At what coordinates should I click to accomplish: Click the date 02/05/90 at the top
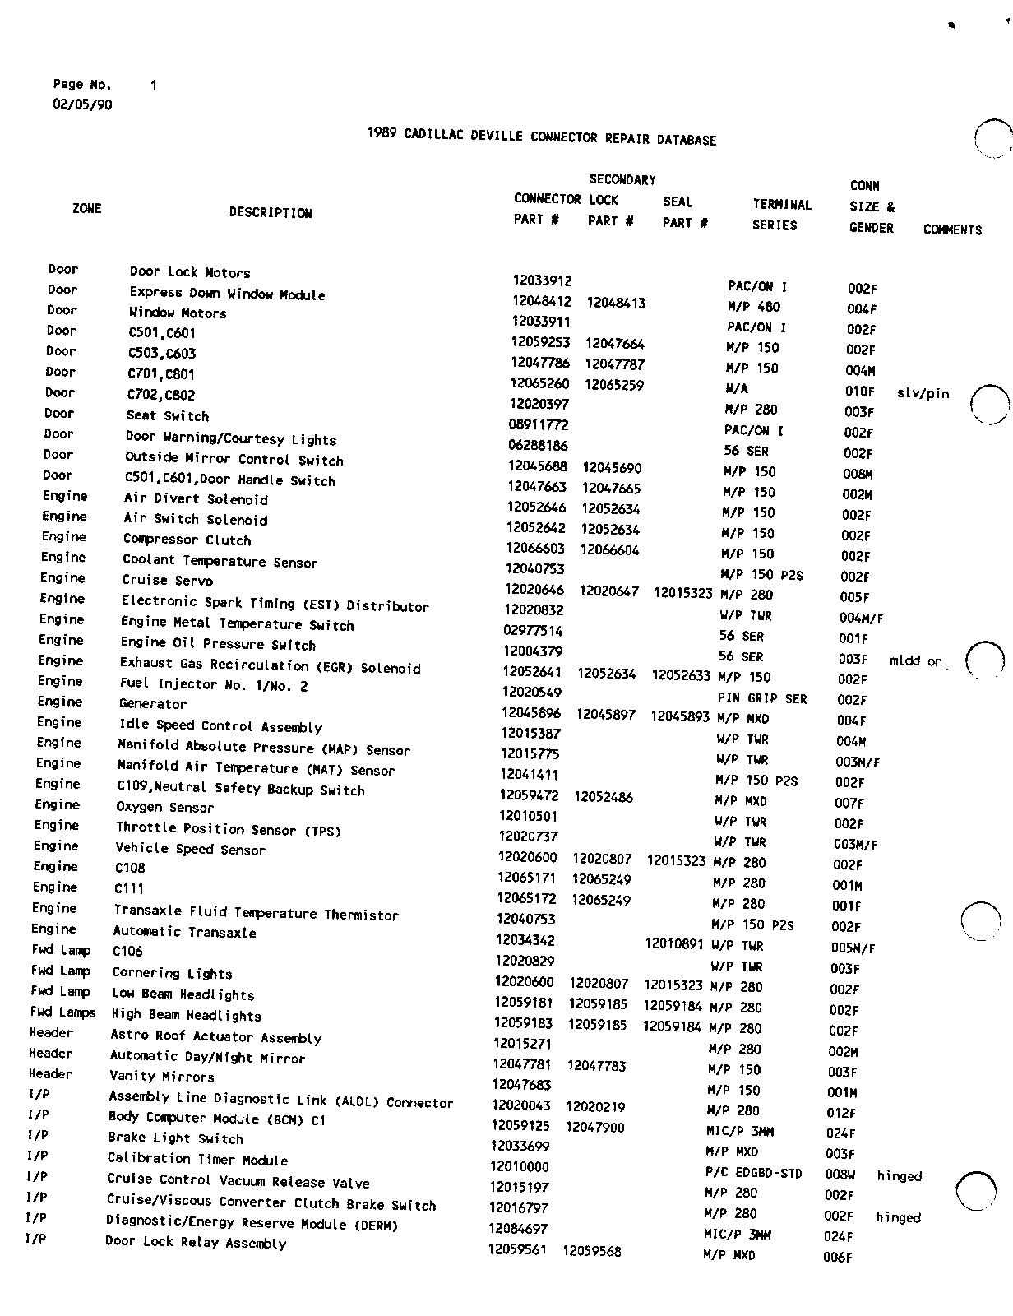pos(82,104)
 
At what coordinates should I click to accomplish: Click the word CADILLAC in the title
pos(434,136)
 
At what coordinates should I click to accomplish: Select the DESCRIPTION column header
pos(271,213)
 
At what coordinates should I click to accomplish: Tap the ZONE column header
pos(86,209)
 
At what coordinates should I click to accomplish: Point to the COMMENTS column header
pos(952,230)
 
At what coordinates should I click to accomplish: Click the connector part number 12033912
pos(542,280)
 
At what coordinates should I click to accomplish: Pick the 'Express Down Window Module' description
pos(227,294)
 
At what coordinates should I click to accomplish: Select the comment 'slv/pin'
pos(923,393)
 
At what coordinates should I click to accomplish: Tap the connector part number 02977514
pos(533,631)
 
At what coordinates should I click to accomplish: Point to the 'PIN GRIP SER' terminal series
pos(762,698)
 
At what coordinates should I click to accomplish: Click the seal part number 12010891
pos(674,943)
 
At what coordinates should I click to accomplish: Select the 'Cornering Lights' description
pos(172,973)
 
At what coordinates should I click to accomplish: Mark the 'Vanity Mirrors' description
pos(162,1076)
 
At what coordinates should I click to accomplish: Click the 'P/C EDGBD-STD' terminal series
pos(753,1173)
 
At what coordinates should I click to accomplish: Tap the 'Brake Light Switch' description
pos(175,1138)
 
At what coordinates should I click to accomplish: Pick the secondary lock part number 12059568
pos(592,1251)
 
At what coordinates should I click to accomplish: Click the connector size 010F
pos(860,392)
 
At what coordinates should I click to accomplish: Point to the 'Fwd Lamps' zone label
pos(62,1012)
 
